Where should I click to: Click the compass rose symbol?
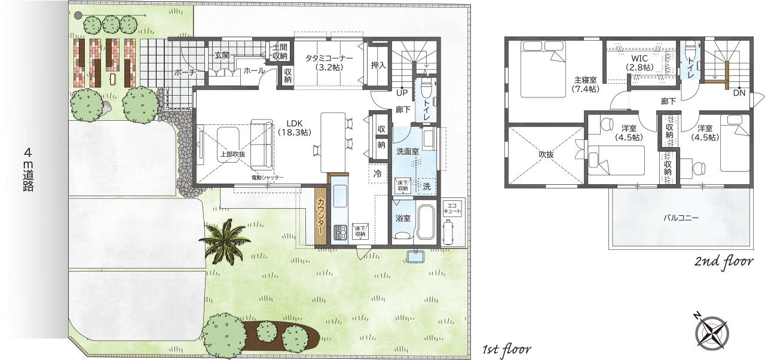(x=712, y=332)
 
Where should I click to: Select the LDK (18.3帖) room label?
(x=295, y=128)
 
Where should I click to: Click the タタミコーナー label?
(x=329, y=58)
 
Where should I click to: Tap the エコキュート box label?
(x=452, y=208)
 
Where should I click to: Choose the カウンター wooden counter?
(x=321, y=216)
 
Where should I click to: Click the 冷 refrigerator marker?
(x=378, y=174)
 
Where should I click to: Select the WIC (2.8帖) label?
(x=639, y=63)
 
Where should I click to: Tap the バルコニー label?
(x=681, y=218)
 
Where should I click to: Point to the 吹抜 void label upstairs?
(x=546, y=154)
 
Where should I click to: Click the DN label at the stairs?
(x=739, y=93)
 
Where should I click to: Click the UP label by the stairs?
(x=402, y=93)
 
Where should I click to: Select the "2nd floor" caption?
(x=724, y=262)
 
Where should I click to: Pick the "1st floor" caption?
(x=506, y=349)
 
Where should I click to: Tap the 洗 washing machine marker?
(x=427, y=186)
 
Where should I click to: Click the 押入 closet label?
(x=378, y=65)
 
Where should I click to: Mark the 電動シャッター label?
(x=267, y=178)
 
